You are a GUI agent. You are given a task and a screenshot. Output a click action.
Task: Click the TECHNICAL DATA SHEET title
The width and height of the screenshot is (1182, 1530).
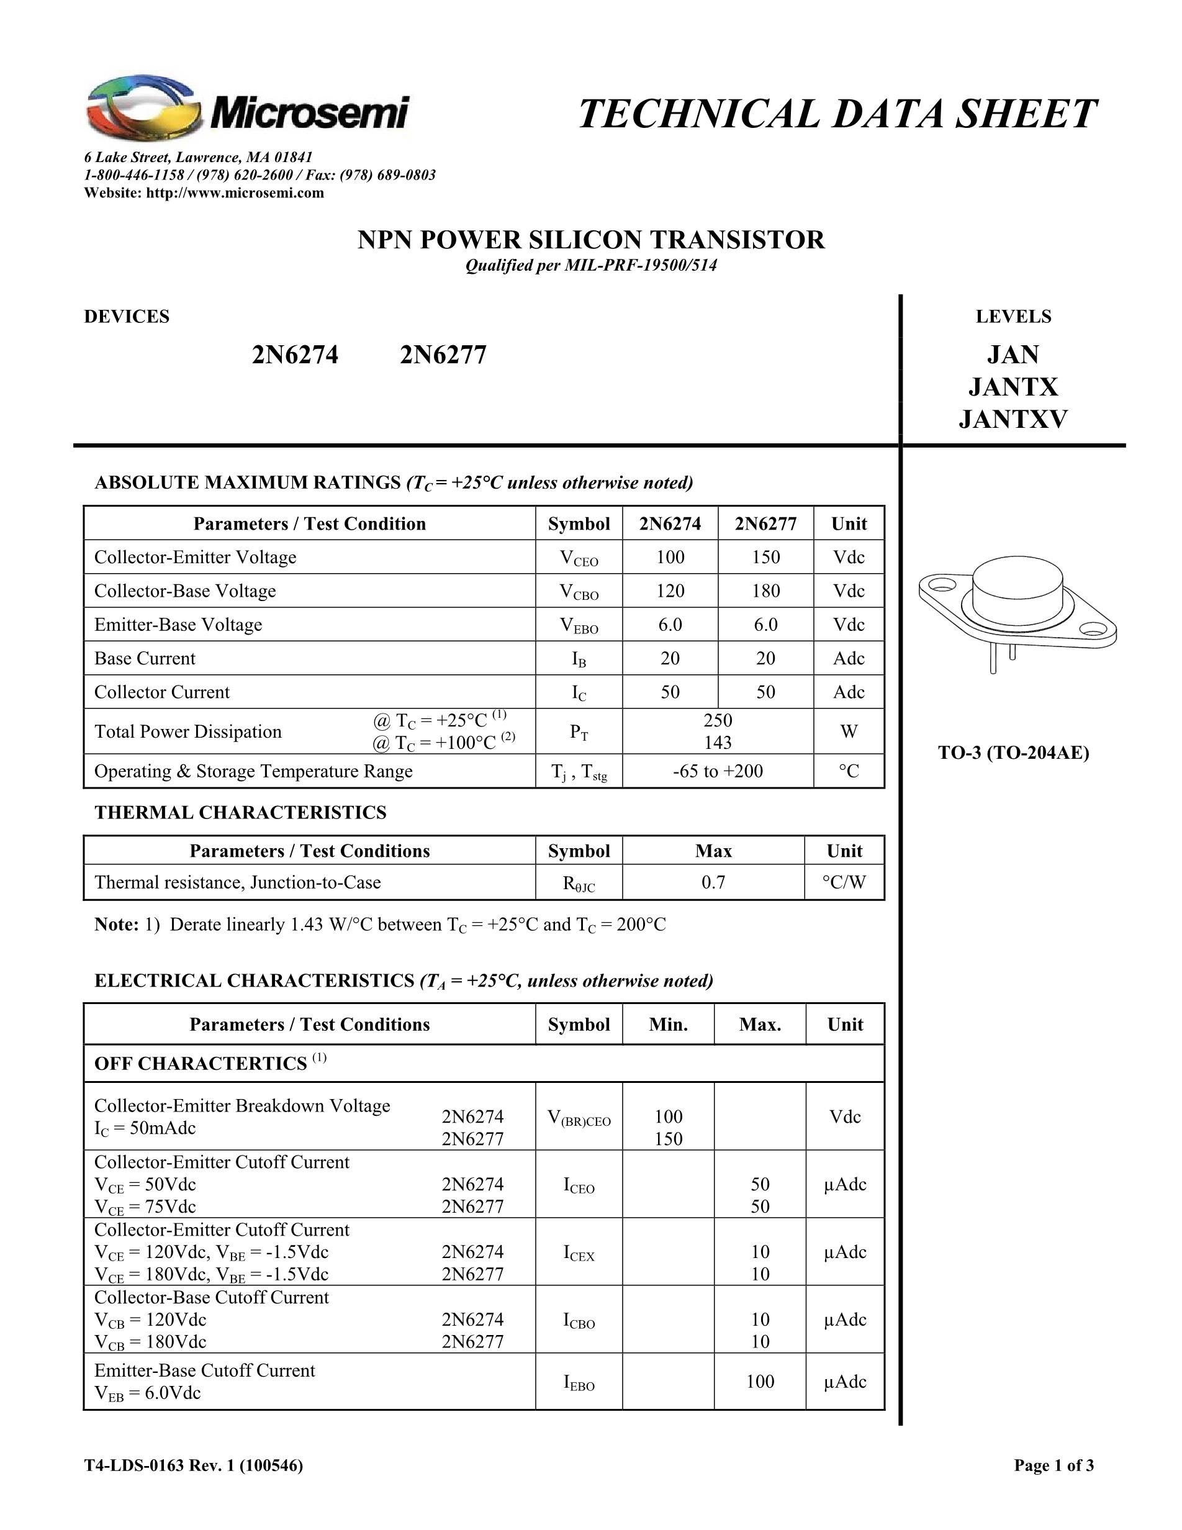click(837, 114)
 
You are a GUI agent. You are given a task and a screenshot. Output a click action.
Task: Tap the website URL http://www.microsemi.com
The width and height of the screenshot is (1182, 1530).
click(235, 192)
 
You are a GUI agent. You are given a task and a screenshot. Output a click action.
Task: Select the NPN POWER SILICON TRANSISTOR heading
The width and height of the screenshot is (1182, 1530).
click(591, 240)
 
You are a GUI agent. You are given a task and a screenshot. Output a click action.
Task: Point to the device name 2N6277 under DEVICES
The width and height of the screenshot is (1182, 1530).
click(443, 355)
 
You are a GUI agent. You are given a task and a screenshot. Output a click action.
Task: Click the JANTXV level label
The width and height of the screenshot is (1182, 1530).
click(1013, 419)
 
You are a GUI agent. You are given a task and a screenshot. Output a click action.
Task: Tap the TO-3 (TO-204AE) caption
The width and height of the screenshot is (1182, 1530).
click(1013, 753)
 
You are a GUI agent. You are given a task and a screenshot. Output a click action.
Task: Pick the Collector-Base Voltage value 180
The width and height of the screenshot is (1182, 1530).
click(765, 591)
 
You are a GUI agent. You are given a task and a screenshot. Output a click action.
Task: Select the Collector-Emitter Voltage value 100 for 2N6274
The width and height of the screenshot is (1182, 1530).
click(670, 557)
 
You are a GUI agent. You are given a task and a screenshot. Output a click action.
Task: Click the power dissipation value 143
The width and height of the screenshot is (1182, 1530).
click(718, 742)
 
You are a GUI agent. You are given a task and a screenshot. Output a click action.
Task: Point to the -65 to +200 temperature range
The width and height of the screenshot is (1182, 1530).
click(718, 771)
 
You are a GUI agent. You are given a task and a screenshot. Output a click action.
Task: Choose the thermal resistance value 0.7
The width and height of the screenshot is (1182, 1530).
click(713, 882)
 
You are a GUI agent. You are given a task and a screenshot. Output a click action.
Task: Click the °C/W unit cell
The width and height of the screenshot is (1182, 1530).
click(844, 882)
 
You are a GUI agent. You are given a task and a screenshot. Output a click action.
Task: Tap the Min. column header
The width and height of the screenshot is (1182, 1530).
click(668, 1024)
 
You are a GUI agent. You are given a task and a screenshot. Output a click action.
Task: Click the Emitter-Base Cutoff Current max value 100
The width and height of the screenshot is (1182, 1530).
click(760, 1382)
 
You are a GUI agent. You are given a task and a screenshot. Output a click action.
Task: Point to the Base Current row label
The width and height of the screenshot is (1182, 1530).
click(145, 659)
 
